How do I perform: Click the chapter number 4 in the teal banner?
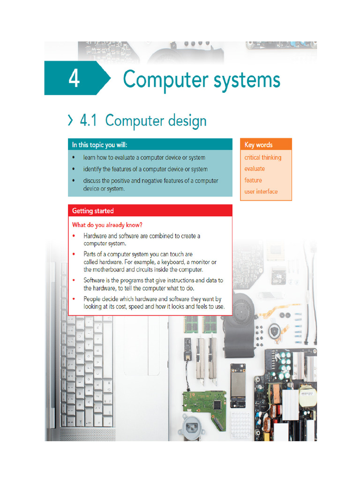(74, 79)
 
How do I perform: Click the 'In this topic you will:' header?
(99, 144)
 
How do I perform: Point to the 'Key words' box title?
(258, 145)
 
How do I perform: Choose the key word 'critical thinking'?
(262, 157)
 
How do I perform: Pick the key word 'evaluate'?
(255, 169)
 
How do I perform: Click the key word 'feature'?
(253, 180)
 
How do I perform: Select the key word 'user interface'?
(261, 191)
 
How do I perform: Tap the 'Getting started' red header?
(93, 211)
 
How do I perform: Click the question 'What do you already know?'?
(107, 225)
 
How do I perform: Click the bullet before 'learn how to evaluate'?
(74, 158)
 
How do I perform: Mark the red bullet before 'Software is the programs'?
(74, 280)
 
